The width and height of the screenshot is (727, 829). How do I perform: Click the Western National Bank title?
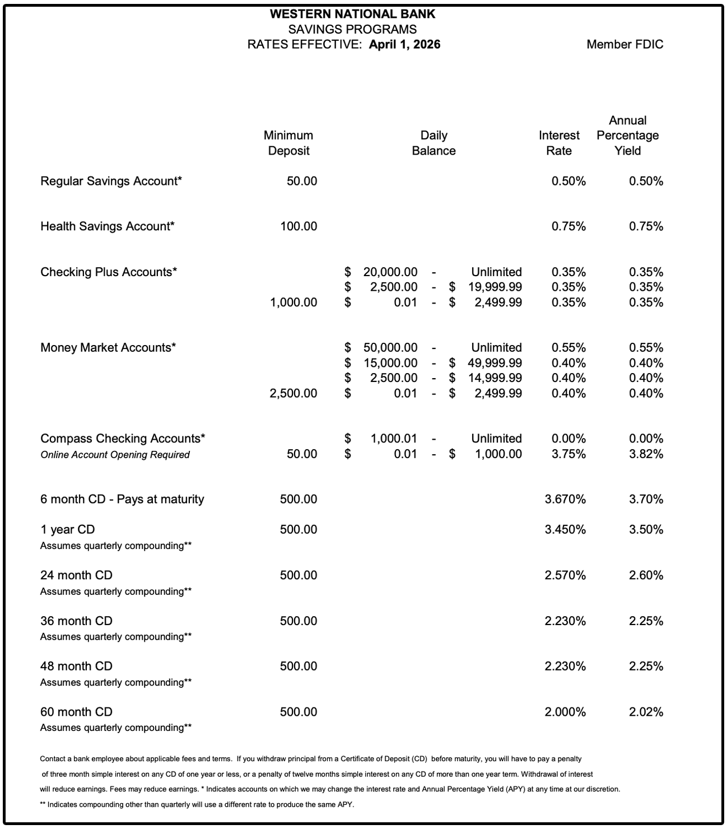coord(352,14)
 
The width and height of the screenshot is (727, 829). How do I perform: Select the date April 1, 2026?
coord(404,45)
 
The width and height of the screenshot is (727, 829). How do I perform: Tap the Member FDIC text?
coord(625,45)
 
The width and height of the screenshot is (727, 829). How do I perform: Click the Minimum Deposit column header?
coord(288,143)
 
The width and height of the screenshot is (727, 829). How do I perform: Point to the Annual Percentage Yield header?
coord(627,136)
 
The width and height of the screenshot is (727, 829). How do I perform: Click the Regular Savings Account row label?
coord(111,181)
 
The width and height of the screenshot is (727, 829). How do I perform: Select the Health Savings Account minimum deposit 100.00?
coord(299,226)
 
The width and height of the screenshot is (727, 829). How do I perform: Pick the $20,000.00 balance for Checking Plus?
coord(390,272)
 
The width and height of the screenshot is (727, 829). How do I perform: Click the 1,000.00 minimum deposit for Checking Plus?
coord(293,302)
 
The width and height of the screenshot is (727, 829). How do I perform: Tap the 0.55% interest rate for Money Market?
coord(568,347)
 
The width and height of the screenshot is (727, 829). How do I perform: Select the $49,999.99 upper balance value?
coord(495,363)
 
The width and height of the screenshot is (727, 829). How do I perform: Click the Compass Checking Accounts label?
coord(123,438)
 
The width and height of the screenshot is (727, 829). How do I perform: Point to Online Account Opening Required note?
coord(115,455)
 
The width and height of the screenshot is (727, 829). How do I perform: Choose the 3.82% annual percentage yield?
coord(646,454)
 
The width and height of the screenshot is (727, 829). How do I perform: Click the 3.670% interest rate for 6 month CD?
coord(565,499)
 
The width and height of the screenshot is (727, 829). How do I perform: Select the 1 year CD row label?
coord(67,529)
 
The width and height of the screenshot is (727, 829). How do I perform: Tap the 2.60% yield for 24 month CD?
coord(646,575)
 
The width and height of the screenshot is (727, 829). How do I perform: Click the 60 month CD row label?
coord(76,712)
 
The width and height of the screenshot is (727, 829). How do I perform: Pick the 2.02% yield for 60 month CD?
coord(646,712)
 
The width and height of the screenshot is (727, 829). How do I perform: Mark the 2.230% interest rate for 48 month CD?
coord(565,666)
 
